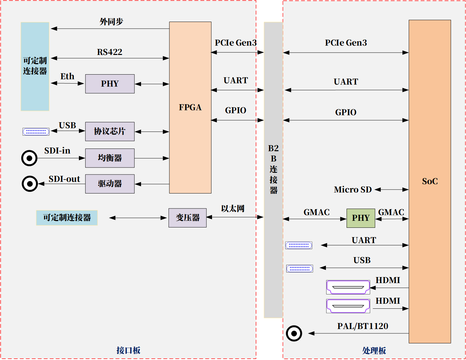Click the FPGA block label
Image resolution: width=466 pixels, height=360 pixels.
[x=190, y=107]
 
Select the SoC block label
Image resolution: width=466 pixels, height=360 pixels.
[x=430, y=181]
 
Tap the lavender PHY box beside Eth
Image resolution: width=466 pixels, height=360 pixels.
[x=110, y=84]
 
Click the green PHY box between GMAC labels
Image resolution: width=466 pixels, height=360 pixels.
[x=361, y=218]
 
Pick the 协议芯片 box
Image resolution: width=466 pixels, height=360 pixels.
[x=110, y=131]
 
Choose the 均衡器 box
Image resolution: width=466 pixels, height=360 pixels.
[x=110, y=158]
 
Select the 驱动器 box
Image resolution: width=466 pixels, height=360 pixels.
[x=110, y=183]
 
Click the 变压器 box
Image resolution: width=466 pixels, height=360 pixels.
[x=187, y=218]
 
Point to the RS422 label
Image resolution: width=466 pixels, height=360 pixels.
[x=110, y=52]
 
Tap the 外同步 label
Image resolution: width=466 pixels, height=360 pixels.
[x=111, y=22]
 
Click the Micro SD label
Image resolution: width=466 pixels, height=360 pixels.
[x=352, y=190]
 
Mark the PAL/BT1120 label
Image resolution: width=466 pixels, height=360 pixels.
[x=362, y=326]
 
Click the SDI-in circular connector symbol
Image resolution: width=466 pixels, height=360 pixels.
[x=29, y=158]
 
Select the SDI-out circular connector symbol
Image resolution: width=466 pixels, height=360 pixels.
[x=30, y=183]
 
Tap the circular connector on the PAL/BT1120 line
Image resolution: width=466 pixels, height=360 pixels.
[x=294, y=333]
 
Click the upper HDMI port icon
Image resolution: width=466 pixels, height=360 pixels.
[x=348, y=287]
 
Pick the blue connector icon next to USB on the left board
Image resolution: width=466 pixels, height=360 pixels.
[x=36, y=132]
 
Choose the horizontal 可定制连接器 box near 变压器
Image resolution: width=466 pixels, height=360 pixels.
[x=67, y=218]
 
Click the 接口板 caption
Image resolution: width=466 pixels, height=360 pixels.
[x=128, y=350]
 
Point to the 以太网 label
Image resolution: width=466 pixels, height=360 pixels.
[x=233, y=209]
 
